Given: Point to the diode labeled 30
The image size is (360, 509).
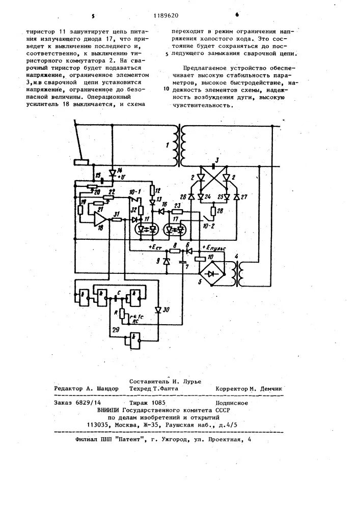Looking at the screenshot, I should click(158, 309).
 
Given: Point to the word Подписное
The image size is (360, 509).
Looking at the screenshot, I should click(231, 403).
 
